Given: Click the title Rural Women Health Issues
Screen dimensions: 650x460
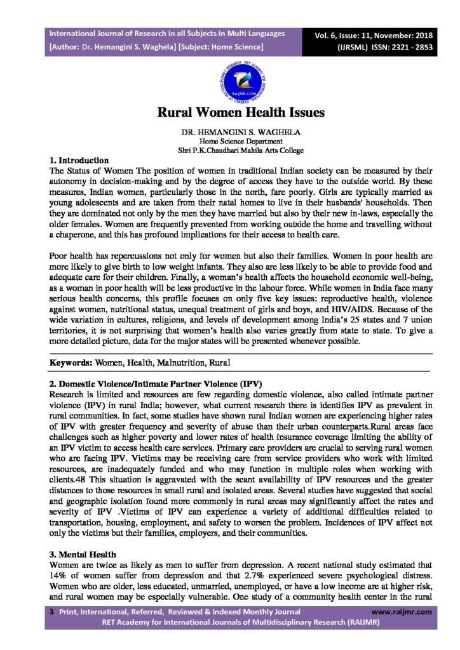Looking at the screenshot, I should [241, 113].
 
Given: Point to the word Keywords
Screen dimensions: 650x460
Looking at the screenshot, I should [71, 362].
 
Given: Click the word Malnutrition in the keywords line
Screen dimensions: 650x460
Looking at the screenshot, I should [179, 362].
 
